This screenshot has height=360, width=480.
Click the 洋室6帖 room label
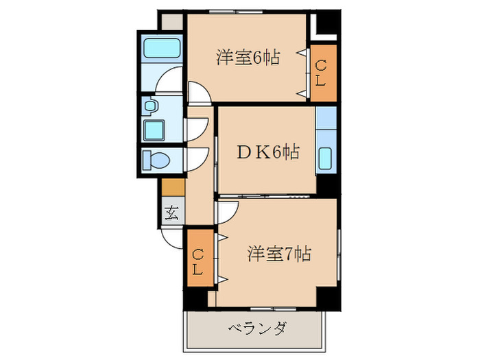[x=248, y=58]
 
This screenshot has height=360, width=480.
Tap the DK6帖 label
[x=267, y=152]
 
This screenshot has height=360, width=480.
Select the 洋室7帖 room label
[x=279, y=254]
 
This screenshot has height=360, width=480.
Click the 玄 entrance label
[x=172, y=213]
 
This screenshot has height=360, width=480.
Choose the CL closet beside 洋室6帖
[x=322, y=73]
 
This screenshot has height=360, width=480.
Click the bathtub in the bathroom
[x=162, y=49]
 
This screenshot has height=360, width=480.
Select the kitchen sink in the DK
[x=326, y=160]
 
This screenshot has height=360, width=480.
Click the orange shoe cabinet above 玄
[x=173, y=187]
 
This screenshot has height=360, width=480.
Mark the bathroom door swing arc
[x=169, y=84]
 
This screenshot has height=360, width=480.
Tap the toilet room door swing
[x=197, y=159]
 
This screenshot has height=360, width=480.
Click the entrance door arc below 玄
[x=172, y=237]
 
